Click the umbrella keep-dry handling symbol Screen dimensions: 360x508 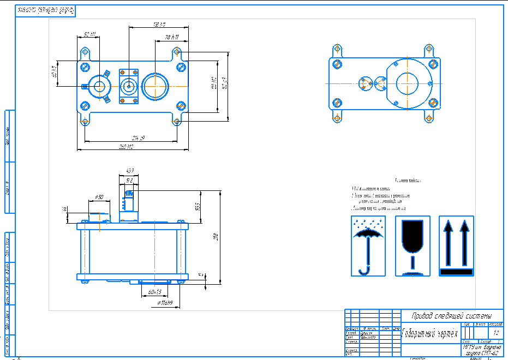pyautogui.click(x=368, y=245)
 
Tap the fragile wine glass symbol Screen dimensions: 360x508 pyautogui.click(x=413, y=245)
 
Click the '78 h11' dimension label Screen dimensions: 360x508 pyautogui.click(x=172, y=37)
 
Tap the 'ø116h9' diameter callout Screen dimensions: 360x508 pyautogui.click(x=164, y=302)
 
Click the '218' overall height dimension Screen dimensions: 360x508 pyautogui.click(x=216, y=237)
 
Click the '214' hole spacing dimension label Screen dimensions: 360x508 pyautogui.click(x=130, y=137)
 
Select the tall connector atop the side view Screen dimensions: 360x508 pyautogui.click(x=129, y=198)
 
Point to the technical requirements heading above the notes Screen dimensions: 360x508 pyautogui.click(x=407, y=179)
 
